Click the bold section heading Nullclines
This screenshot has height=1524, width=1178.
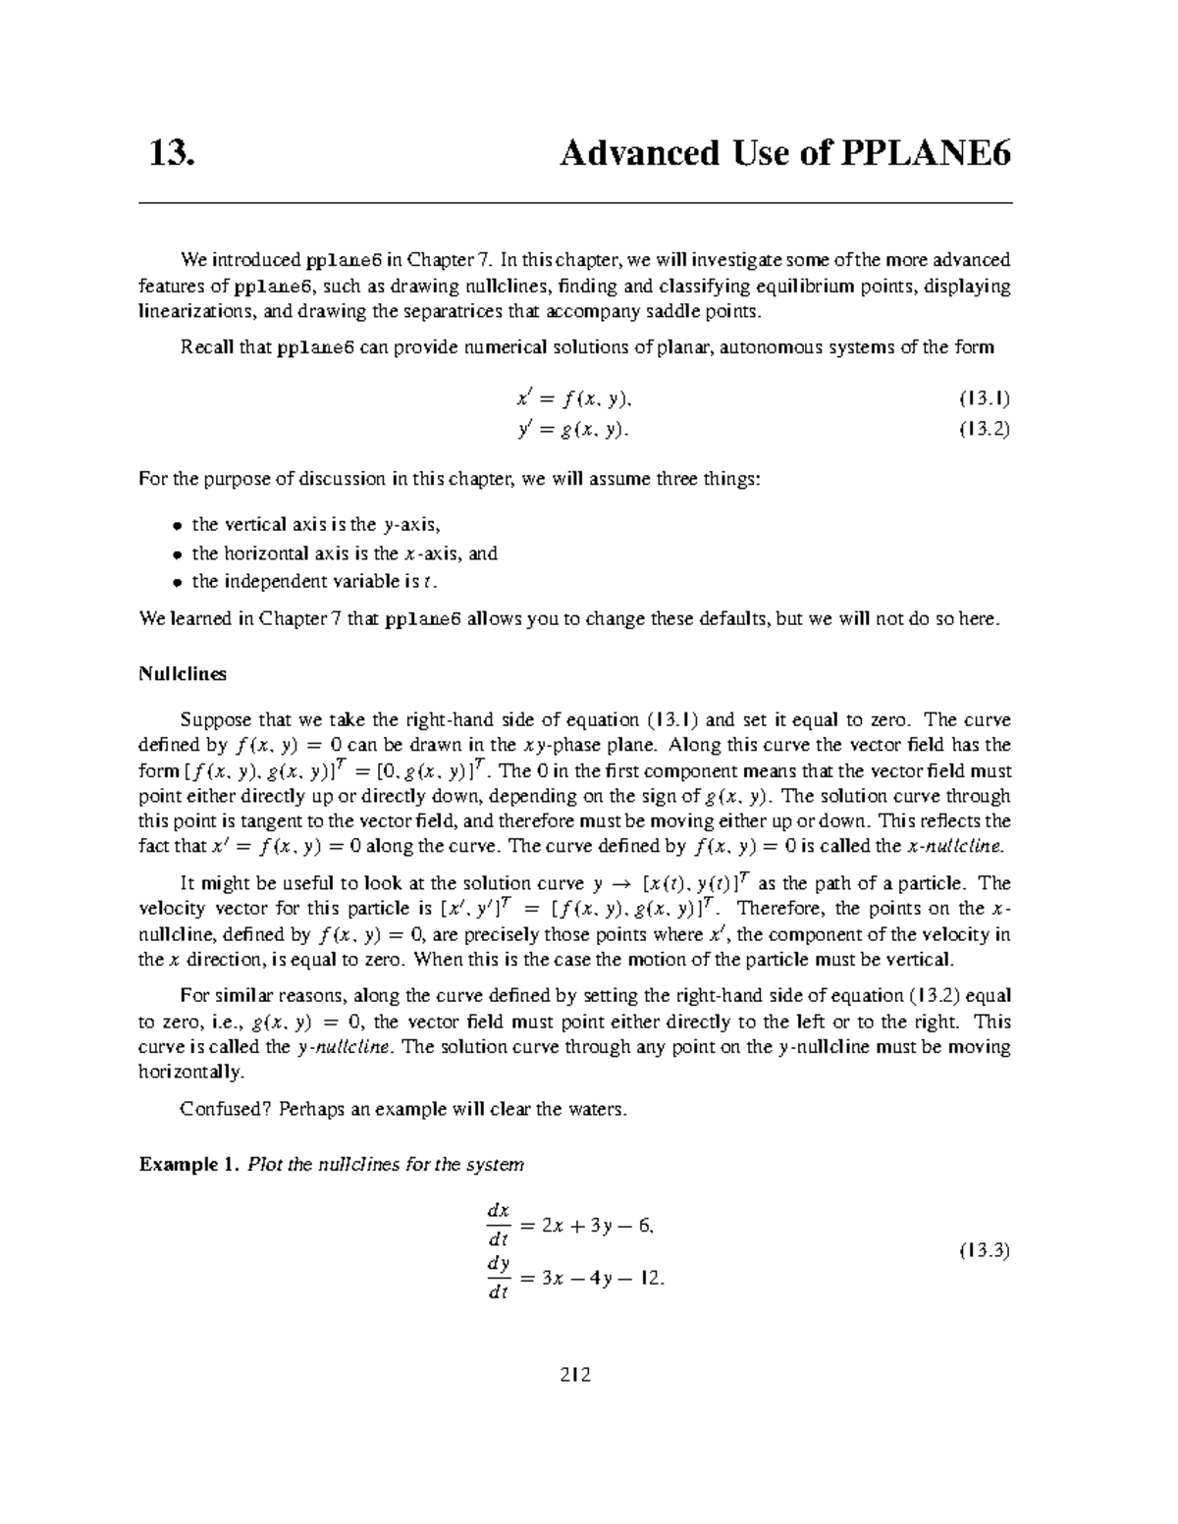[183, 674]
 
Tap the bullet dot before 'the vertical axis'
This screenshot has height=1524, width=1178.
[178, 526]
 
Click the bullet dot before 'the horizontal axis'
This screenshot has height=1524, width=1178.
[178, 554]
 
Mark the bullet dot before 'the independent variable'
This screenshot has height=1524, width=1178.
[178, 582]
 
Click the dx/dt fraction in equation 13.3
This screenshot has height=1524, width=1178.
[499, 1225]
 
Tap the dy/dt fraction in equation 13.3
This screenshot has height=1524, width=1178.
[499, 1279]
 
